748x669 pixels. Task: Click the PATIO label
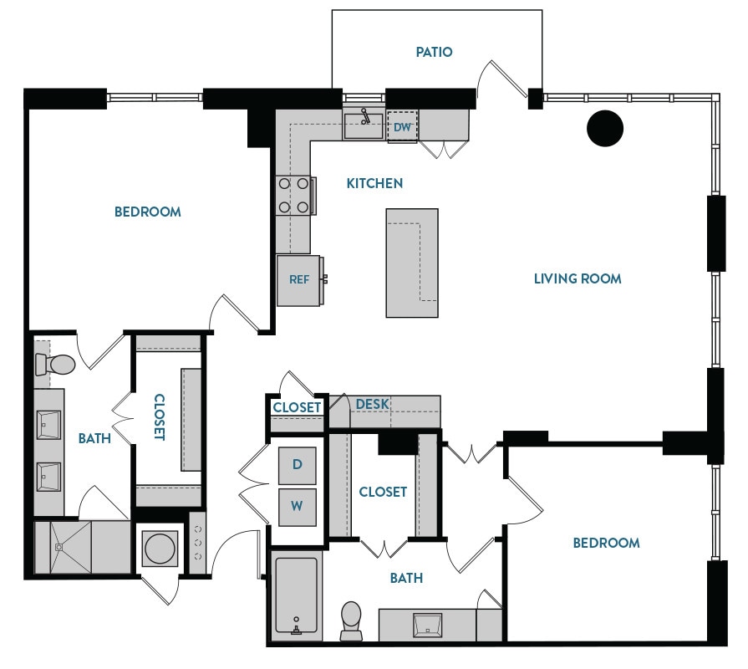coord(434,52)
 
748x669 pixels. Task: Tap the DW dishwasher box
coord(402,127)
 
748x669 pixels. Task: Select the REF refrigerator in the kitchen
coord(299,280)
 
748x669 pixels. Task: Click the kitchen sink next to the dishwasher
coord(364,126)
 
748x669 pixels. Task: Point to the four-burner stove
coord(294,195)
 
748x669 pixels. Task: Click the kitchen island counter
coord(412,263)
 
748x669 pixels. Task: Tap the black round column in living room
coord(605,127)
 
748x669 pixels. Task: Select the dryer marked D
coord(297,464)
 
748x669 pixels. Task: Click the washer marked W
coord(297,506)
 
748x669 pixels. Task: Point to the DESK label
coord(372,405)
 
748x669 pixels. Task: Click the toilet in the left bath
coord(56,365)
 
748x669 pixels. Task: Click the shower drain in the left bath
coord(59,548)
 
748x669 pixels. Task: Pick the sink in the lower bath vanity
coord(426,622)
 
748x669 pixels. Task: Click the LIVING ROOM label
coord(578,278)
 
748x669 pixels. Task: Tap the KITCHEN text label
coord(374,183)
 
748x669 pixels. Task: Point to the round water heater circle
coord(160,549)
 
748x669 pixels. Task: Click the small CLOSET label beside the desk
coord(297,407)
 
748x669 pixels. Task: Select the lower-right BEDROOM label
coord(606,543)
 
